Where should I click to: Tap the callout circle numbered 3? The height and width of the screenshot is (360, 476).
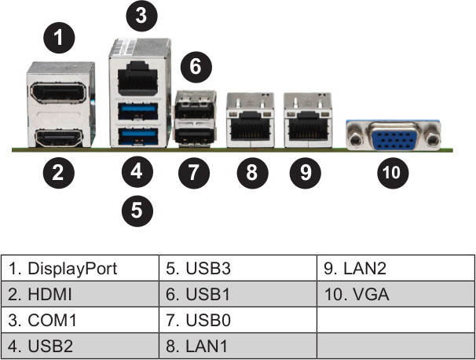click(140, 13)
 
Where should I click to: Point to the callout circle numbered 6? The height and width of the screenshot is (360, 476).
click(196, 67)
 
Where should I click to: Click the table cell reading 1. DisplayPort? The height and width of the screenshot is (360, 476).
click(80, 269)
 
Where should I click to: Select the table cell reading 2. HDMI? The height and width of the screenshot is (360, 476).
click(80, 295)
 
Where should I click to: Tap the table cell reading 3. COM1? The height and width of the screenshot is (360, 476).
click(80, 321)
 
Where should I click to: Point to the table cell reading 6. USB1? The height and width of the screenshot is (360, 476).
click(238, 295)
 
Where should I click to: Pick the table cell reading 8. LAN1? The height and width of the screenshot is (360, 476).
click(238, 346)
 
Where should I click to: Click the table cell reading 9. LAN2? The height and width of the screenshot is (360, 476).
click(396, 269)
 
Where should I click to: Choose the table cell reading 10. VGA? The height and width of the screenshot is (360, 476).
click(396, 295)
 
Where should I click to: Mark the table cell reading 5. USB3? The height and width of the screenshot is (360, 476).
click(238, 269)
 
